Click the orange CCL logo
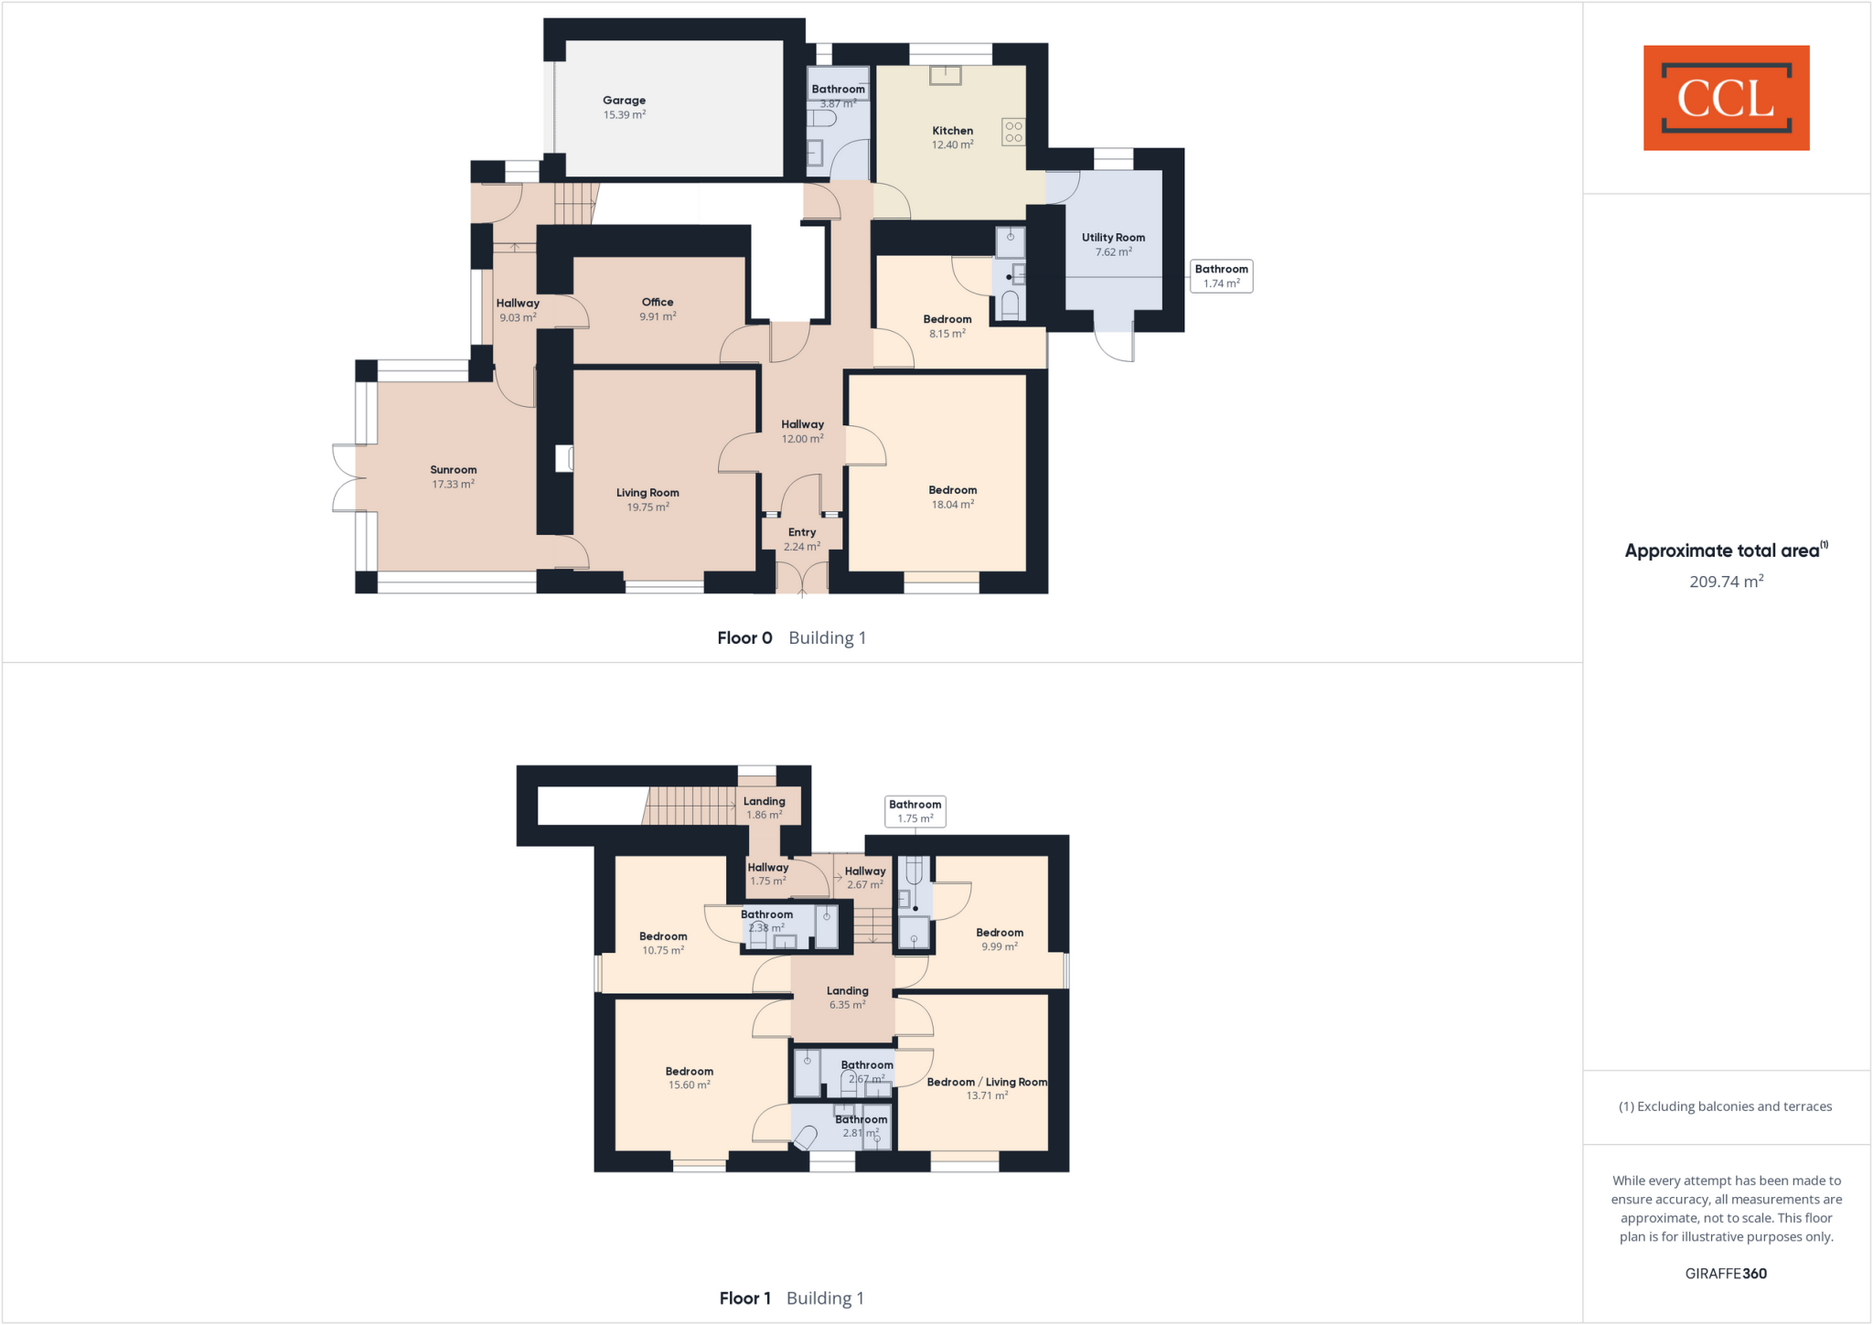pos(1726,98)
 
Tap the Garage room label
pos(624,101)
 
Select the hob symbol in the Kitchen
pos(1013,132)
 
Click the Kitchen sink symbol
pos(946,75)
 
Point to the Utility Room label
pos(1113,238)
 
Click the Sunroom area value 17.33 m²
pos(454,485)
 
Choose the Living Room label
pos(648,493)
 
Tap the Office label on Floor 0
pos(658,303)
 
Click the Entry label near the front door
pos(802,532)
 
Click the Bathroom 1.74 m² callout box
pos(1221,276)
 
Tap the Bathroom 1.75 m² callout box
pos(915,811)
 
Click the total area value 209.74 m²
pos(1726,582)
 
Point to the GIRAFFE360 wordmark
pos(1726,1274)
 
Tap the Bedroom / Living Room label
pos(987,1083)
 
